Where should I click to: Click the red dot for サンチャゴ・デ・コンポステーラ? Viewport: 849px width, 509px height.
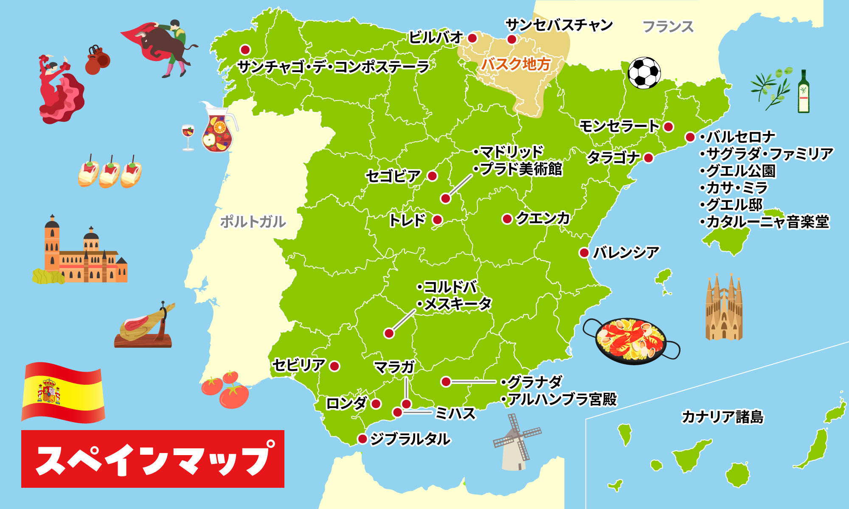(x=245, y=50)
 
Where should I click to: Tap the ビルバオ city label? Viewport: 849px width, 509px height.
(x=435, y=38)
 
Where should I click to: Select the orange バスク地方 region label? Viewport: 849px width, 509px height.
(x=516, y=64)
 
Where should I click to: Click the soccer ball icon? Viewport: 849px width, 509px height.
(x=644, y=73)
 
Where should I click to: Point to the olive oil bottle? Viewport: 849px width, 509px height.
(x=803, y=92)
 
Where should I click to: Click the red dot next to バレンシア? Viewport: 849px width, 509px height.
(x=584, y=253)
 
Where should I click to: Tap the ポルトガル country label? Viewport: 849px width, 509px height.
(x=253, y=222)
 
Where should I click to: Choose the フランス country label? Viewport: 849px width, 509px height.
(x=668, y=27)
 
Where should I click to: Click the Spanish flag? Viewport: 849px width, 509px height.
(x=63, y=392)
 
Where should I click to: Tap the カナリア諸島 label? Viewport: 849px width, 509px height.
(x=722, y=417)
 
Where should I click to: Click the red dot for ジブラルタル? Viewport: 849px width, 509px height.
(x=362, y=439)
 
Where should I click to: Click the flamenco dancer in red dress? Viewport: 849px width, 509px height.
(x=59, y=91)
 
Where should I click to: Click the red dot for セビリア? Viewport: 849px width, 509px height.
(x=335, y=366)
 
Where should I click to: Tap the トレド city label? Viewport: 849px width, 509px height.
(x=407, y=220)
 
